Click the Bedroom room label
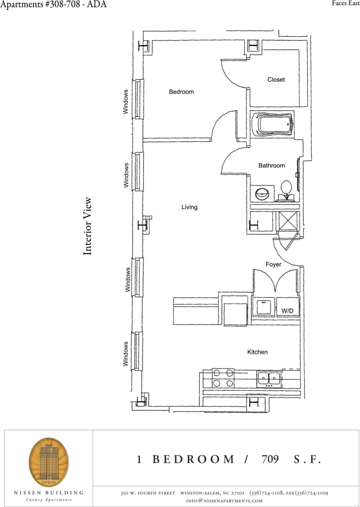(181, 92)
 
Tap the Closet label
(276, 80)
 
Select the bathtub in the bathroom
(273, 124)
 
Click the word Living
(189, 207)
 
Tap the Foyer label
(273, 264)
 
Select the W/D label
(287, 311)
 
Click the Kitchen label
(257, 352)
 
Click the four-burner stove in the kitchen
(223, 378)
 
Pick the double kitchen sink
(269, 379)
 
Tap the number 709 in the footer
(270, 460)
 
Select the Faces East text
(345, 4)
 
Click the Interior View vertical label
(87, 226)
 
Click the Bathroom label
(271, 165)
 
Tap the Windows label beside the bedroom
(126, 101)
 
